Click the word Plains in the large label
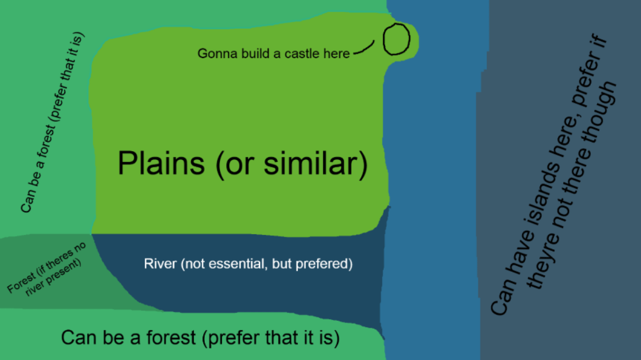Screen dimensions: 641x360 click(x=161, y=163)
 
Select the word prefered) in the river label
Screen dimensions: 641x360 click(x=324, y=264)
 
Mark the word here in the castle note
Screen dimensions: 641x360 click(x=336, y=54)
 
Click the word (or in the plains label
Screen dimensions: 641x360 click(x=237, y=164)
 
